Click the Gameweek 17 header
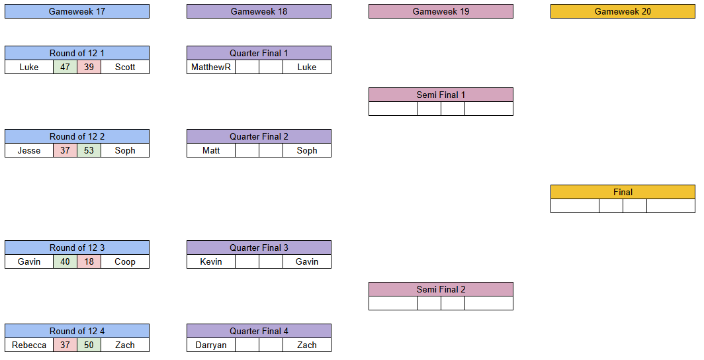tap(77, 12)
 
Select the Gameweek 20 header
tap(623, 12)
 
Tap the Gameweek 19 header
tap(441, 12)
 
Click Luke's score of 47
tap(65, 67)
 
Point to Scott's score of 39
tap(89, 67)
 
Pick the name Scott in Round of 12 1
tap(125, 67)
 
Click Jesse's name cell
tap(29, 150)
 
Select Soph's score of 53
tap(89, 150)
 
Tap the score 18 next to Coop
tap(89, 261)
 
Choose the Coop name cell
tap(125, 261)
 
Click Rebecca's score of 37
tap(65, 345)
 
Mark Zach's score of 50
tap(89, 345)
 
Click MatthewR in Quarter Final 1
tap(211, 67)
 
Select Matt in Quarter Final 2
tap(211, 150)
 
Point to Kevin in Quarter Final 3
tap(211, 261)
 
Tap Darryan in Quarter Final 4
tap(211, 345)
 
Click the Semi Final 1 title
tap(441, 95)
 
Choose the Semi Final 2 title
tap(441, 290)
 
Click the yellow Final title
tap(623, 192)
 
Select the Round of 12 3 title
tap(77, 247)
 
